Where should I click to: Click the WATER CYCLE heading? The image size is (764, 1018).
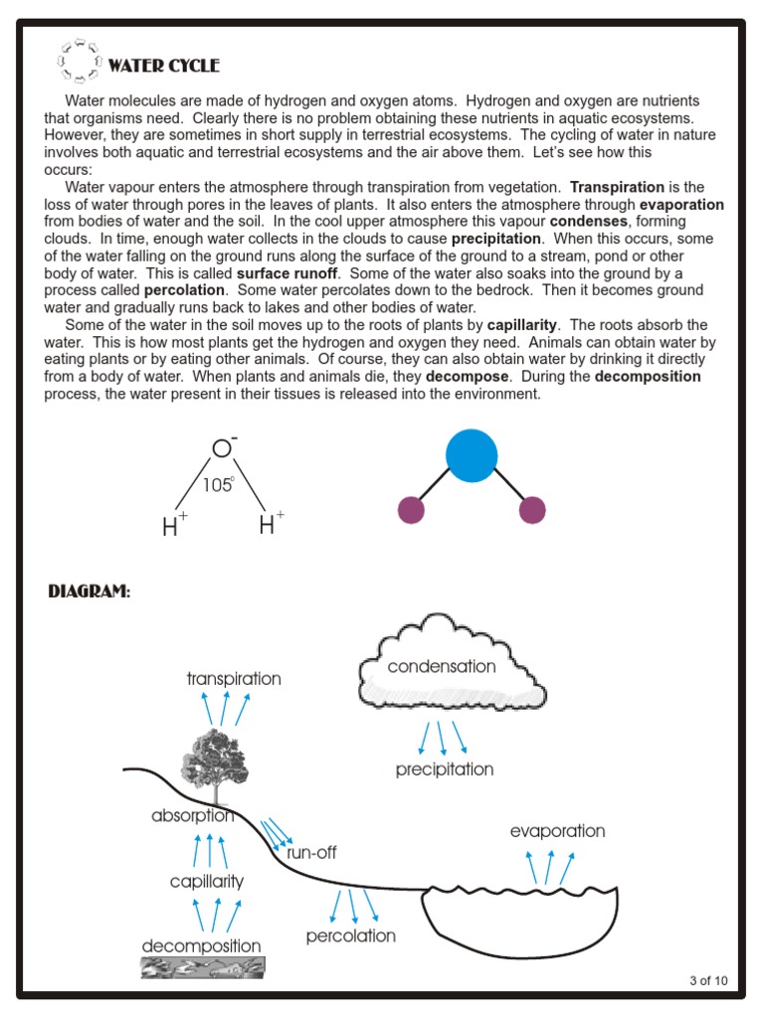click(163, 67)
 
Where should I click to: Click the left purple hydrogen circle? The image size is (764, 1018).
click(411, 510)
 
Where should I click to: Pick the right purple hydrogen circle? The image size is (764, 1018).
click(533, 510)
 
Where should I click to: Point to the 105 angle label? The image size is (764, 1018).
click(218, 485)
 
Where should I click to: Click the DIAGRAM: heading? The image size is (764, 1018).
click(90, 593)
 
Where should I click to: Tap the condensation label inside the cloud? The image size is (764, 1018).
click(442, 667)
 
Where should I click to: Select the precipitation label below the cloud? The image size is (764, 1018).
click(444, 769)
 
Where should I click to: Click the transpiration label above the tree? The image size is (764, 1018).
click(234, 679)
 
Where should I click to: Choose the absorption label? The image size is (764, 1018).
click(193, 816)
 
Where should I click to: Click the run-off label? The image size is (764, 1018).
click(311, 852)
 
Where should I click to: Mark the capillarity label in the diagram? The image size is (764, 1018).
click(206, 881)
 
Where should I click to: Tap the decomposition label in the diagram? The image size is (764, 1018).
click(201, 945)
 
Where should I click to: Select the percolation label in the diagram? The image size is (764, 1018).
click(350, 935)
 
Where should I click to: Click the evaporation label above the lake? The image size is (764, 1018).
click(557, 831)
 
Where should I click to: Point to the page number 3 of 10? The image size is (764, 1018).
click(708, 981)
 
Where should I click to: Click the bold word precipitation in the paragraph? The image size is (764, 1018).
click(496, 240)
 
